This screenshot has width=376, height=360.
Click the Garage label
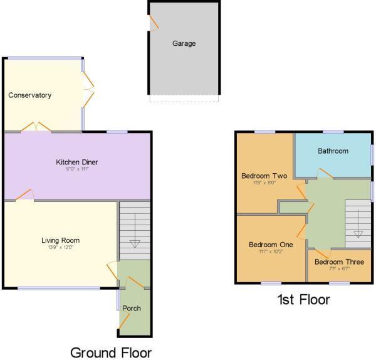point(184,44)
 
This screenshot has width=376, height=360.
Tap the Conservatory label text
point(29,95)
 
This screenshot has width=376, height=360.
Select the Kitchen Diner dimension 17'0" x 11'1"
point(77,169)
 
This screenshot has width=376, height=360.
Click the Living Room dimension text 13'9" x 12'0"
point(60,248)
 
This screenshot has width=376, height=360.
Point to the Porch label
point(132,308)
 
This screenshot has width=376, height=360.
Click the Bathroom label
point(332,151)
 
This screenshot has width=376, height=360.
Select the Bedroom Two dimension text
point(264,184)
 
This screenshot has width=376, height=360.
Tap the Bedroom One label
point(271,245)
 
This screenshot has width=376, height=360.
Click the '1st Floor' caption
point(303,300)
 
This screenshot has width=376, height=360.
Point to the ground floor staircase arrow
point(134,243)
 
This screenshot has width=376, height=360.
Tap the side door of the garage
point(152,23)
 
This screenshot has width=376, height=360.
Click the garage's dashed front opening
point(184,98)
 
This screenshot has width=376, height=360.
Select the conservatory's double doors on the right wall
point(88,90)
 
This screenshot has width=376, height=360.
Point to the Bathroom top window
point(333,132)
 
